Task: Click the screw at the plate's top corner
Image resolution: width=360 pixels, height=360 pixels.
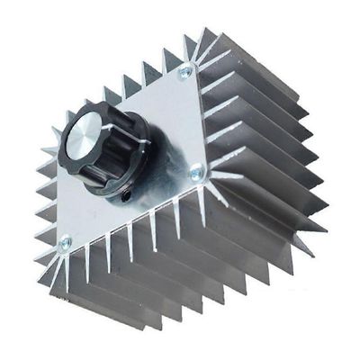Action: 185,71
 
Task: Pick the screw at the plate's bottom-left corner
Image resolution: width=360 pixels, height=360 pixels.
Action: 64,242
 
